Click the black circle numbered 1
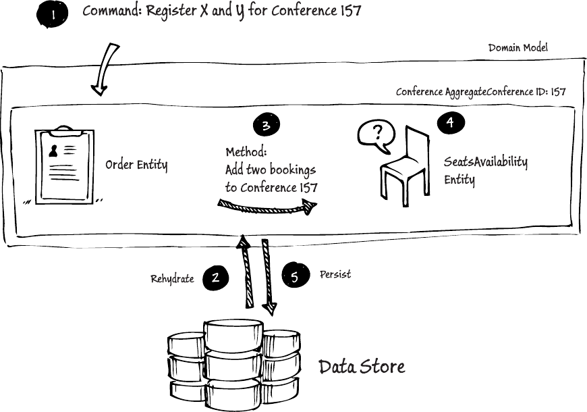coord(52,15)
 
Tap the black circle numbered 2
coord(216,278)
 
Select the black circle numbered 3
coord(266,125)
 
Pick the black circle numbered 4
coord(450,122)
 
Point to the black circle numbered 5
coord(296,276)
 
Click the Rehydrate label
coord(172,279)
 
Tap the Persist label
coord(335,274)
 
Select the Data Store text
coord(362,366)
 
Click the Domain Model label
coord(518,47)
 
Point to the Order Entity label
coord(136,165)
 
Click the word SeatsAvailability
coord(486,162)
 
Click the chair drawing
coord(406,165)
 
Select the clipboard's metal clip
coord(64,132)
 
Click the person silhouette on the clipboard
coord(53,151)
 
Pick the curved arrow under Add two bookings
coord(267,207)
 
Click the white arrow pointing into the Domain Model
coord(105,70)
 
